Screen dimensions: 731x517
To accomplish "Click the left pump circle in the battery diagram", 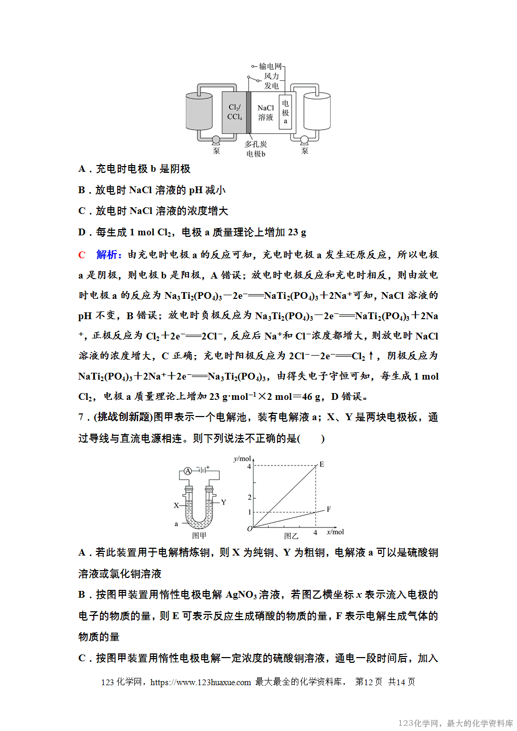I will click(216, 140).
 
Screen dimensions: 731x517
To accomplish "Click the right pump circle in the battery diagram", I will click(305, 140).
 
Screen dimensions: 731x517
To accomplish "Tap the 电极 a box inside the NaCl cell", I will click(285, 112).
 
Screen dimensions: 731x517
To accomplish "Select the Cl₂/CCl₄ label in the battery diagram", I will click(235, 112).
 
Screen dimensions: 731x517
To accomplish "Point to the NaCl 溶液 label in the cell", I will click(266, 112).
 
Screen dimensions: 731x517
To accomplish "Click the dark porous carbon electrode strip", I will click(249, 112).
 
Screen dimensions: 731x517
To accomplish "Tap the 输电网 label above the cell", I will click(270, 66).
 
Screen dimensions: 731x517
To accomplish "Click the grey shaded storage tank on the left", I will click(199, 111).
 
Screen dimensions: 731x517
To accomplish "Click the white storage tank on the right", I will click(317, 111).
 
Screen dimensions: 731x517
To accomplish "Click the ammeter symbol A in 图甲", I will click(188, 471).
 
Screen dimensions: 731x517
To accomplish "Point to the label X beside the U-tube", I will click(176, 505).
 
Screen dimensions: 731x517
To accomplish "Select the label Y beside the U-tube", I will click(223, 502).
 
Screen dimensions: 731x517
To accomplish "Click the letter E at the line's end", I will click(322, 464).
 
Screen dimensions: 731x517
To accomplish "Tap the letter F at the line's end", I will click(329, 509).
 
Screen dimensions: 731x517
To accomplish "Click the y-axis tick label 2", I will click(249, 498).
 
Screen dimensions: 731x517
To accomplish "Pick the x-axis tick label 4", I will click(315, 533).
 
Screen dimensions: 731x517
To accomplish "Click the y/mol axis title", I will click(242, 459).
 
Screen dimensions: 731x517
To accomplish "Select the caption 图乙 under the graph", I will click(291, 536).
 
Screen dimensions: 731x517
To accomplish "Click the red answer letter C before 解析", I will click(82, 255).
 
